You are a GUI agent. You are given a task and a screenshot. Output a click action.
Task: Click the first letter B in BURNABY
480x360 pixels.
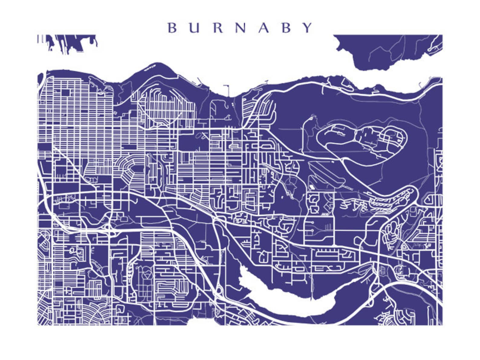(x=172, y=28)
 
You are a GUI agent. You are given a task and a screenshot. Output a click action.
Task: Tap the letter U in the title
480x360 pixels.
(x=195, y=28)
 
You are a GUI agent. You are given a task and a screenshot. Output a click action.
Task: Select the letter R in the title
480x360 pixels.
(x=218, y=28)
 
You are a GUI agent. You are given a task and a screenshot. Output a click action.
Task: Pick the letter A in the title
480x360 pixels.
(x=264, y=28)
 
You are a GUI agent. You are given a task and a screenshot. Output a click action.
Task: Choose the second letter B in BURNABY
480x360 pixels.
(x=286, y=28)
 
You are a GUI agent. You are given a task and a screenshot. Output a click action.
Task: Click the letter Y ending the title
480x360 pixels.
(x=308, y=28)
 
